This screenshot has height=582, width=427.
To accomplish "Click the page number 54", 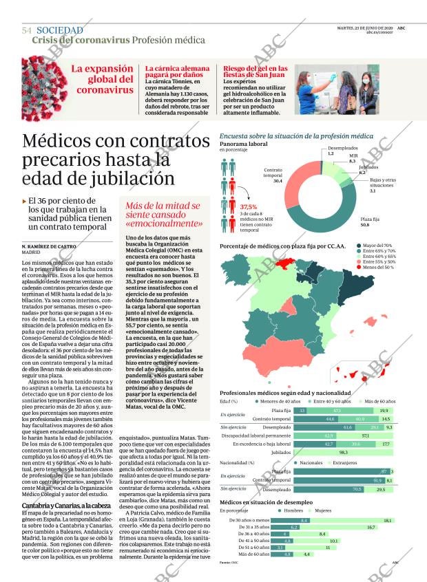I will click(x=27, y=31).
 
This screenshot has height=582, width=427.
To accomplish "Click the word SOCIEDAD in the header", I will click(x=60, y=30).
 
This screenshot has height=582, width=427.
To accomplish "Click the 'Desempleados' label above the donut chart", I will click(x=342, y=149).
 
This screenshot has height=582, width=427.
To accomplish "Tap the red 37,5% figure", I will click(x=248, y=206).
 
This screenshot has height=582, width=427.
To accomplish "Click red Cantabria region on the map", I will click(x=282, y=266).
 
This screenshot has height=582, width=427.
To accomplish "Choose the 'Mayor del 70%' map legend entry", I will click(x=377, y=246).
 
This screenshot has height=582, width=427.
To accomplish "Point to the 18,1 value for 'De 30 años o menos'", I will click(x=387, y=521).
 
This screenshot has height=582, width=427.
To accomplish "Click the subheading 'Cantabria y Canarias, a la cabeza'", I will click(x=64, y=506).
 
